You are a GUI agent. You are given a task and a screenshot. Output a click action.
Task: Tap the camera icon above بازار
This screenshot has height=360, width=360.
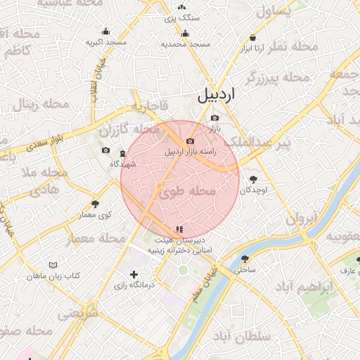tap(214, 117)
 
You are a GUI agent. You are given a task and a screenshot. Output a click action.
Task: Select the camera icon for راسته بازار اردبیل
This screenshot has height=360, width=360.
tap(190, 141)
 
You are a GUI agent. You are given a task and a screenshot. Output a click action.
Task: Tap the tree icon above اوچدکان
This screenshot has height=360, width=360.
tap(254, 179)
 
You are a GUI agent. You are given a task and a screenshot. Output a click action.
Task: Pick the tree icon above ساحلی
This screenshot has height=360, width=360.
tap(245, 258)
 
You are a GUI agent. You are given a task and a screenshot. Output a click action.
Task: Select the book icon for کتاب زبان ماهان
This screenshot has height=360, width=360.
tap(53, 265)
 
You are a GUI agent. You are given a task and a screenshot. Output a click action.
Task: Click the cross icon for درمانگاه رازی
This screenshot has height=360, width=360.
tap(134, 274)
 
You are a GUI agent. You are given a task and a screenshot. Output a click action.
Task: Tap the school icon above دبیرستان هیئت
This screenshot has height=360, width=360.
tap(179, 229)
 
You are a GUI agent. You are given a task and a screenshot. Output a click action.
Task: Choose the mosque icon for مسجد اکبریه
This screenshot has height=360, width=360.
tap(105, 31)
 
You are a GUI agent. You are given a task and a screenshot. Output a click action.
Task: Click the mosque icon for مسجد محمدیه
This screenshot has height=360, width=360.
tap(186, 33)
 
